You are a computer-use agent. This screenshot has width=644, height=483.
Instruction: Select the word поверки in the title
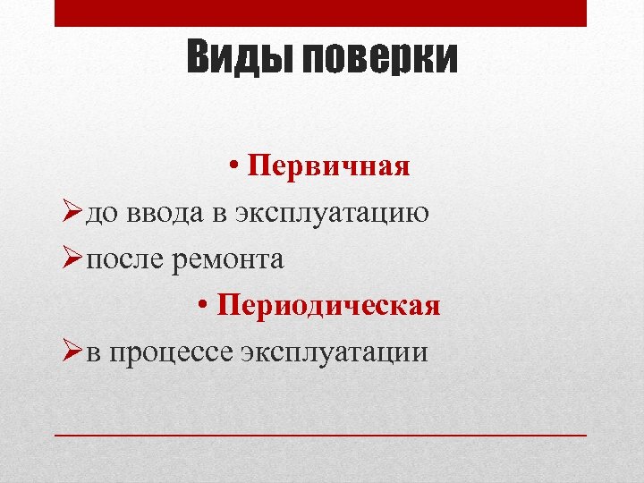coord(379,60)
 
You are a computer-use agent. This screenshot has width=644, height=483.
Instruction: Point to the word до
coord(104,214)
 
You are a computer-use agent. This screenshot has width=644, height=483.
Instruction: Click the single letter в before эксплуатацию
coord(220,214)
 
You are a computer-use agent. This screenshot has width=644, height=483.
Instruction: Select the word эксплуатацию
coord(330,215)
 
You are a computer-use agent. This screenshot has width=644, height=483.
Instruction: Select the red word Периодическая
coord(329,306)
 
